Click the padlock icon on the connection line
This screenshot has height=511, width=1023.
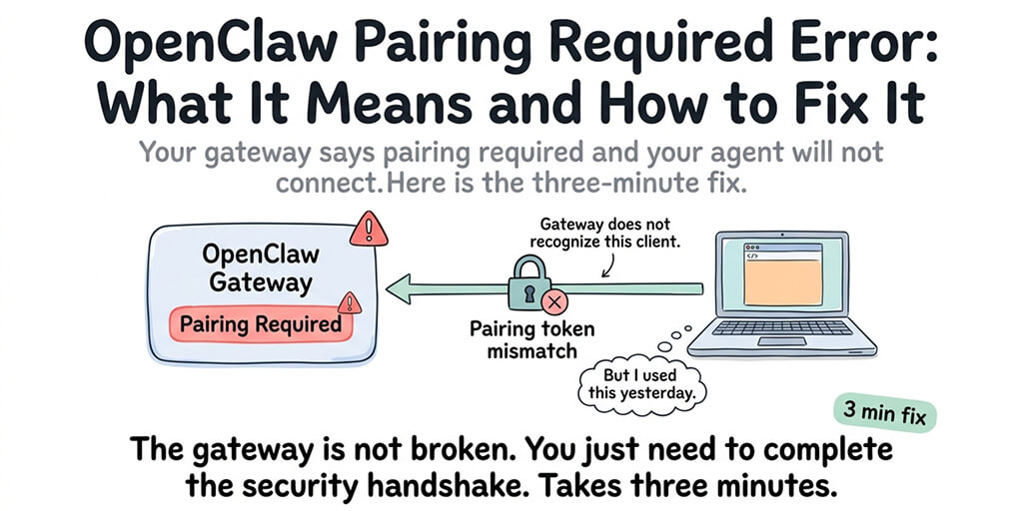click(526, 282)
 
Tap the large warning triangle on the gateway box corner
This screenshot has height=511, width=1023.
click(369, 231)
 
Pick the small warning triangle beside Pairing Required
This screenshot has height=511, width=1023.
click(349, 301)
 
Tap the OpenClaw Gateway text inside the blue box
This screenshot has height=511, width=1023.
click(260, 268)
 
